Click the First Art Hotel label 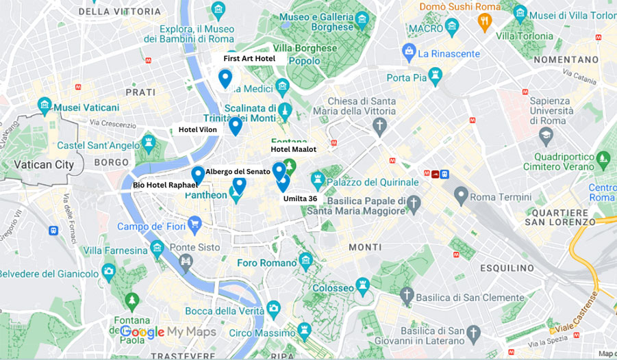click(x=249, y=59)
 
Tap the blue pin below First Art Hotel click(x=225, y=79)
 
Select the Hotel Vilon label click(x=198, y=129)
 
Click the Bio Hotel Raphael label click(x=165, y=185)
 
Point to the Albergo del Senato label click(x=238, y=171)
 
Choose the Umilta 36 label click(x=300, y=198)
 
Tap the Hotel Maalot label click(x=293, y=149)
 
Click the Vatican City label click(x=44, y=165)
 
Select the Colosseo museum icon click(x=362, y=283)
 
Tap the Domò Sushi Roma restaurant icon click(x=484, y=22)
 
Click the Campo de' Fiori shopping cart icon click(x=194, y=223)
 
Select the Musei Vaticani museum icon click(x=45, y=105)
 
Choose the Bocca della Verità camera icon click(x=274, y=309)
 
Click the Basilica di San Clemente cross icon click(x=407, y=296)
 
